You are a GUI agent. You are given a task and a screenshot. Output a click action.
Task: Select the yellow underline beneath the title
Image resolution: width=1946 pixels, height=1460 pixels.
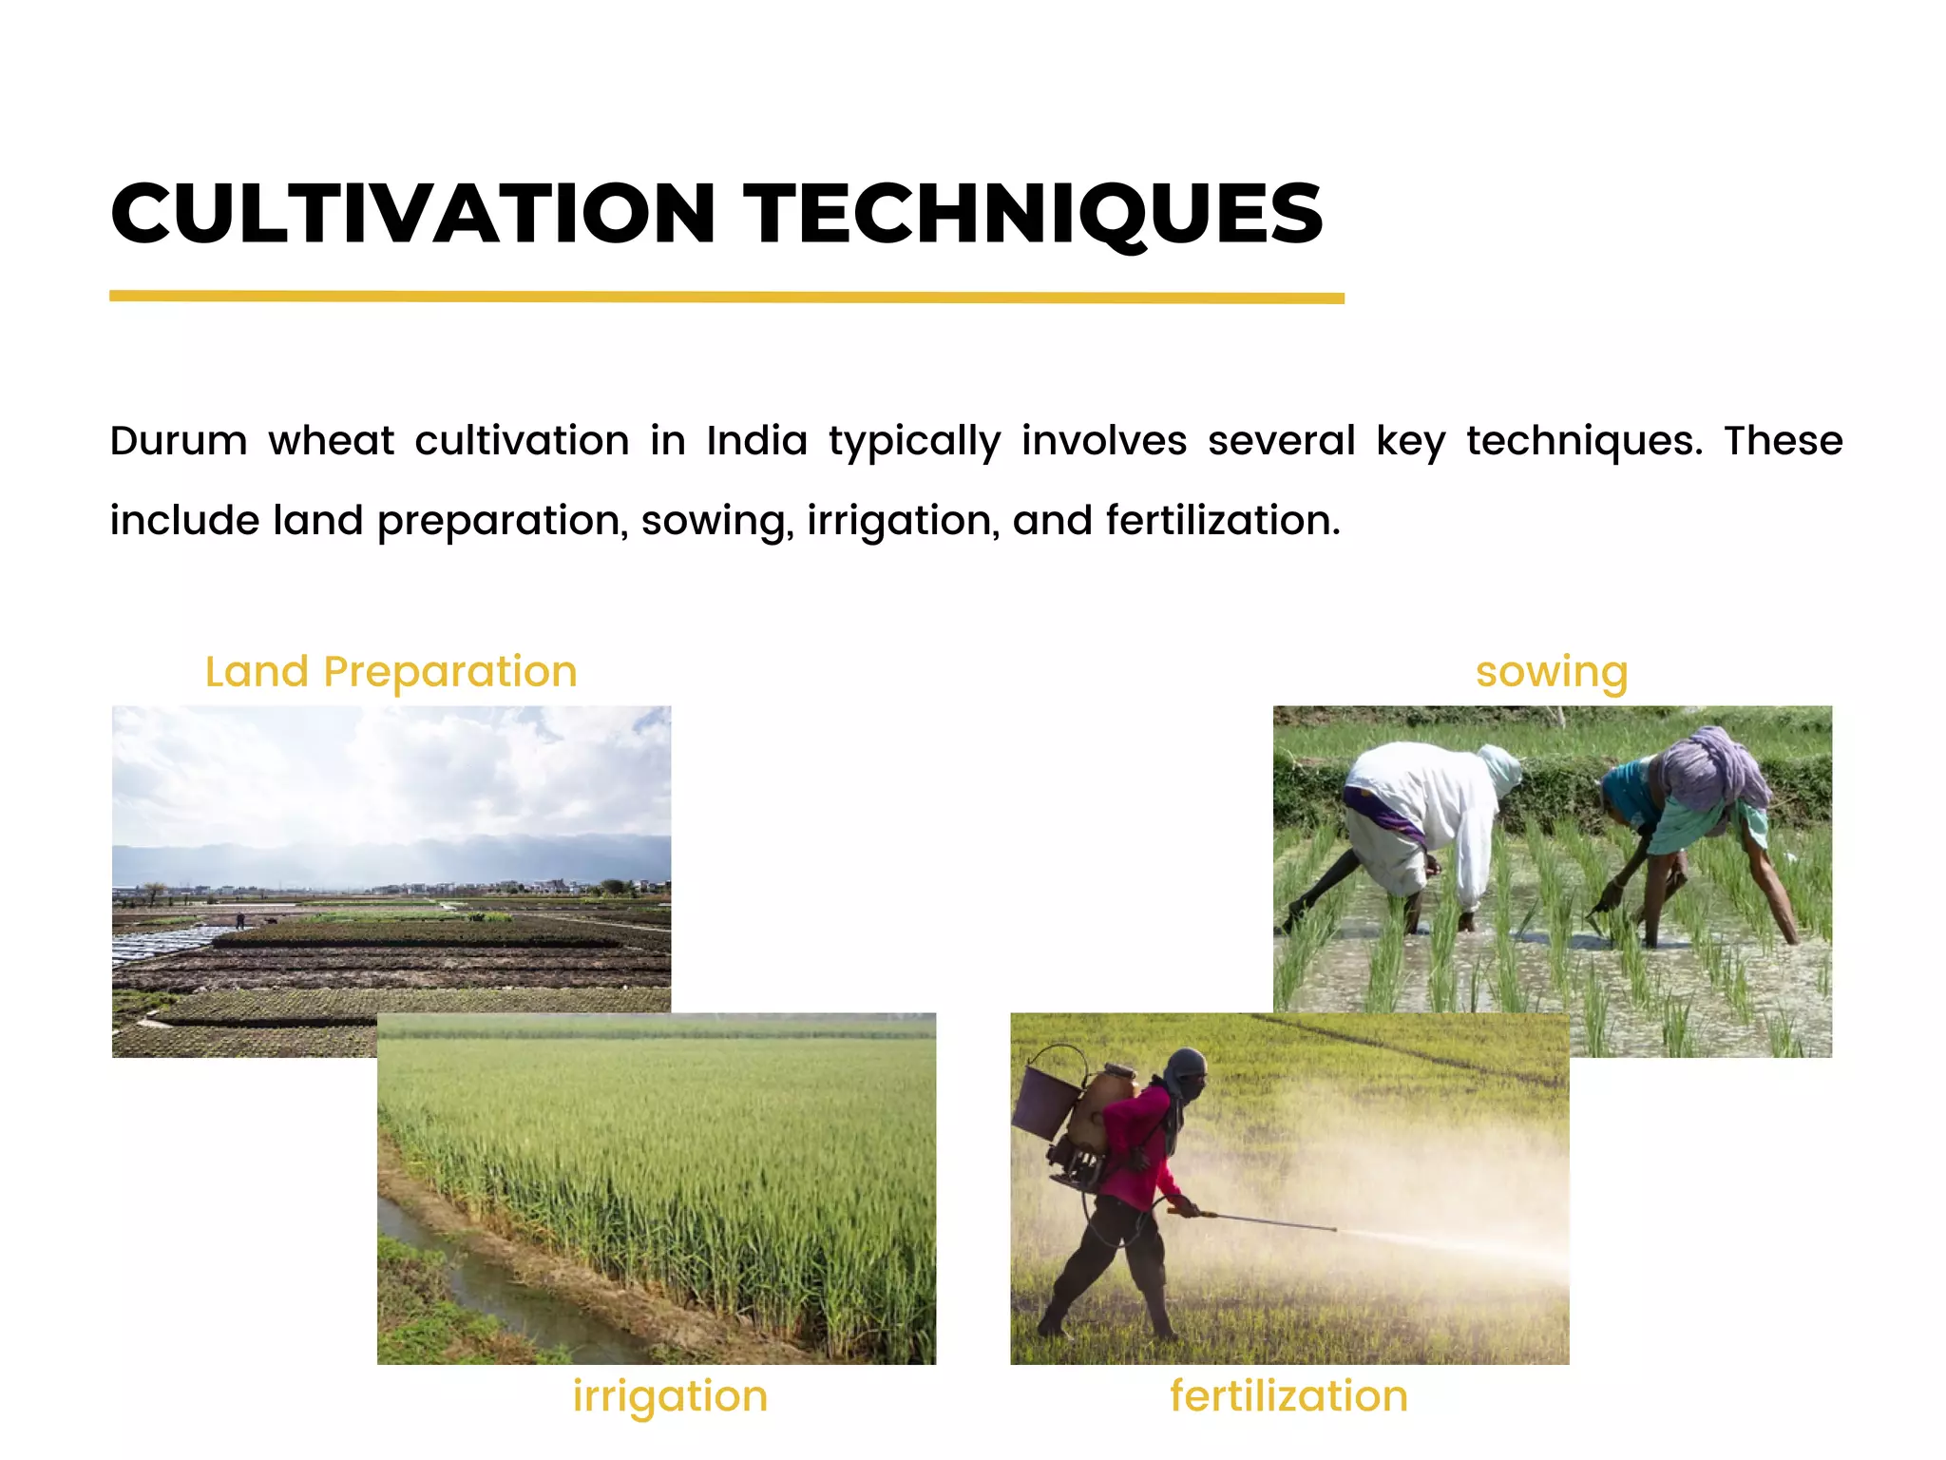pyautogui.click(x=726, y=298)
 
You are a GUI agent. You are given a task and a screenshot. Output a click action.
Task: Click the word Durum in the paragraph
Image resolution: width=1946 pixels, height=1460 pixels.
pyautogui.click(x=179, y=441)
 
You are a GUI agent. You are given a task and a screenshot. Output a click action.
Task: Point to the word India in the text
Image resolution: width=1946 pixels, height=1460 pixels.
pyautogui.click(x=756, y=441)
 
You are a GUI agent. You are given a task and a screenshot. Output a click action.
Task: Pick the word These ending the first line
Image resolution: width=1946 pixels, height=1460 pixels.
pyautogui.click(x=1783, y=441)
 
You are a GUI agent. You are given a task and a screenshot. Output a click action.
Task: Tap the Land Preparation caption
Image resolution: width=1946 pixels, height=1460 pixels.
pyautogui.click(x=391, y=672)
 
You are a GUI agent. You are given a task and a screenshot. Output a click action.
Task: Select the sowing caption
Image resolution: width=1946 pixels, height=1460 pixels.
pyautogui.click(x=1552, y=672)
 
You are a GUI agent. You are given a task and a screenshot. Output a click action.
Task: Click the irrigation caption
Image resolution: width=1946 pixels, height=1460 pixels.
pyautogui.click(x=670, y=1396)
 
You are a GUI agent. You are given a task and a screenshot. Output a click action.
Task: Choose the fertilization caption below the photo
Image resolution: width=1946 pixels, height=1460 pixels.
pyautogui.click(x=1288, y=1396)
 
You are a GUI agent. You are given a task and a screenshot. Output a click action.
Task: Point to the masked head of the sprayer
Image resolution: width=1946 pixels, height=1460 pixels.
pyautogui.click(x=1186, y=1074)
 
